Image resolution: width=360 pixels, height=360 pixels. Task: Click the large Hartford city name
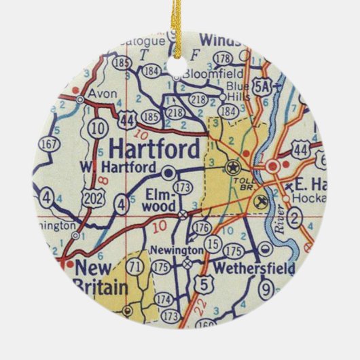(154, 147)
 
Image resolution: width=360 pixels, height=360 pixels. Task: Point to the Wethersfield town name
(253, 268)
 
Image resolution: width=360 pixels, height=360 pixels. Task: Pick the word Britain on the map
(100, 287)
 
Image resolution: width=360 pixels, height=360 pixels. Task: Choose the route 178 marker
(223, 58)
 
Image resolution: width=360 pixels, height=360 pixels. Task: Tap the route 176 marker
(202, 228)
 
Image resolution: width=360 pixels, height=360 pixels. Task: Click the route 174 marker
(164, 298)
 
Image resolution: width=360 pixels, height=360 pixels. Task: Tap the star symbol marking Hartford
(234, 167)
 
